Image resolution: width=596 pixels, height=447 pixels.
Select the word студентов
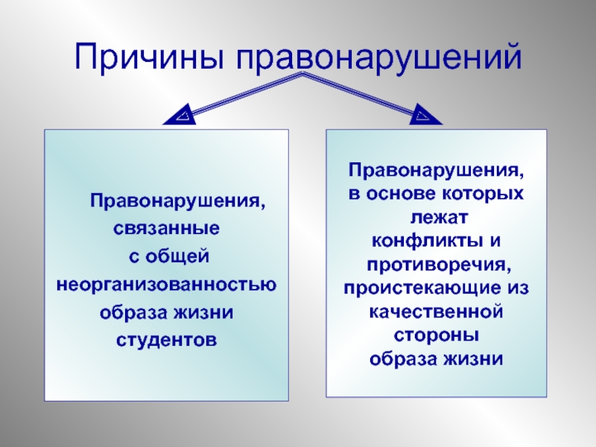(x=168, y=339)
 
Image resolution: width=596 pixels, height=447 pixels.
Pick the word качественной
(x=437, y=311)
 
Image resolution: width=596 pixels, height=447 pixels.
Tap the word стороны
(x=437, y=335)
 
